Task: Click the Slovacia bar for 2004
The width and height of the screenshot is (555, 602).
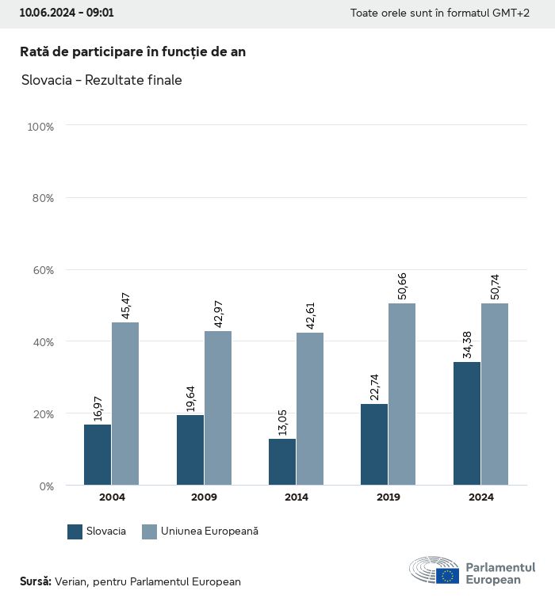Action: point(98,455)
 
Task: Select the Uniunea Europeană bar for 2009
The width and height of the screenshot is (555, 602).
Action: point(218,408)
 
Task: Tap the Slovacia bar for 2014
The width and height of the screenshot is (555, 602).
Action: point(282,462)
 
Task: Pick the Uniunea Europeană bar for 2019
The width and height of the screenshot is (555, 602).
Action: point(402,394)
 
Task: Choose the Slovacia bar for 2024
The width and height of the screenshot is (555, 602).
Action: point(467,423)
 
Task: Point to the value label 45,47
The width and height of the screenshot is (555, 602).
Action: point(125,305)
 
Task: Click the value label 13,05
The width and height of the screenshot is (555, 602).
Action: point(282,422)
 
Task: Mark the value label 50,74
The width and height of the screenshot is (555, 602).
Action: point(496,286)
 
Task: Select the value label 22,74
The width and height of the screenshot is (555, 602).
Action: point(375,387)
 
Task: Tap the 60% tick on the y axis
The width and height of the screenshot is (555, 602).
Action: point(40,270)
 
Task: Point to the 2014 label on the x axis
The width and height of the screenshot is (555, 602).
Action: point(297,497)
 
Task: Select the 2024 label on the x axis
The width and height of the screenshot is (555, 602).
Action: point(481,497)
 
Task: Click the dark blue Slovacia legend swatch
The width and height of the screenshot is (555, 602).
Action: point(75,532)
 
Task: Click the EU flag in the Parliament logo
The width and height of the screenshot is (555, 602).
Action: point(447,575)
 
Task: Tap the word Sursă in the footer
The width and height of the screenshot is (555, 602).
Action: point(35,581)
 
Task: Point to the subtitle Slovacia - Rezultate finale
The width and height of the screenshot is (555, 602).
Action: point(101,81)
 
